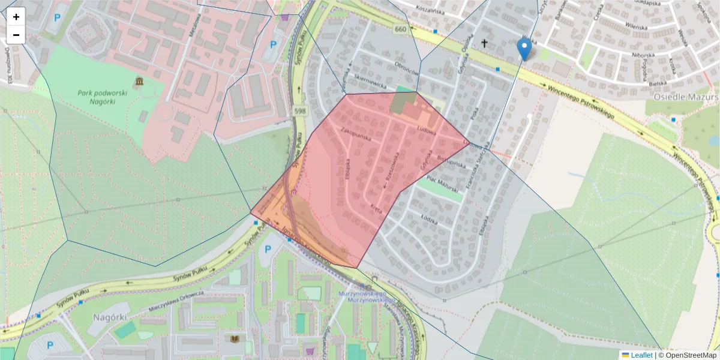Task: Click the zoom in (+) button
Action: (x=16, y=17)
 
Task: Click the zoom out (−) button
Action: (x=16, y=35)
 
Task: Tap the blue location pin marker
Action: (x=524, y=49)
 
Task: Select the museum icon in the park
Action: (x=139, y=81)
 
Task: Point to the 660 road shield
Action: (x=401, y=29)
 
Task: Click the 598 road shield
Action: (x=299, y=111)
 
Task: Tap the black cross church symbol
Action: (x=484, y=43)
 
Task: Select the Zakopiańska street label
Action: (x=356, y=133)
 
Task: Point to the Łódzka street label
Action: (x=430, y=220)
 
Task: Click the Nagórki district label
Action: (x=108, y=316)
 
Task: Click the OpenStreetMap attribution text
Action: (x=691, y=355)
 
